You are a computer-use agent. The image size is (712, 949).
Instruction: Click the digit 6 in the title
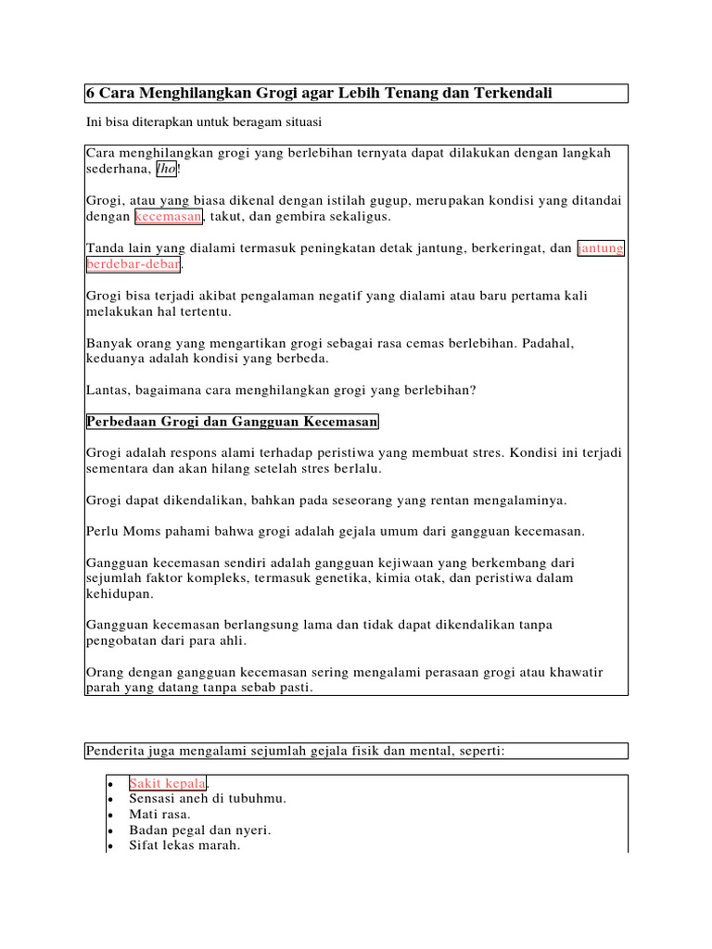(90, 94)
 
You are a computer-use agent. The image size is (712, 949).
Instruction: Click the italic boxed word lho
(166, 169)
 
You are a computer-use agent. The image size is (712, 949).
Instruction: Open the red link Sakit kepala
(167, 783)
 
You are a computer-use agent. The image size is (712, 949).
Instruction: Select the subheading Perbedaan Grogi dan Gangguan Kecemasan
(232, 423)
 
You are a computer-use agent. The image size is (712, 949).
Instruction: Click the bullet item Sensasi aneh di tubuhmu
(208, 798)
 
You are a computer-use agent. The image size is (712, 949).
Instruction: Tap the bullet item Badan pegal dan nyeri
(199, 829)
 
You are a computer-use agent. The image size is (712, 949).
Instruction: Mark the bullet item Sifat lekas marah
(184, 845)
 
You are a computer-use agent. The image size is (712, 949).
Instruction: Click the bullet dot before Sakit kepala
(111, 784)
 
